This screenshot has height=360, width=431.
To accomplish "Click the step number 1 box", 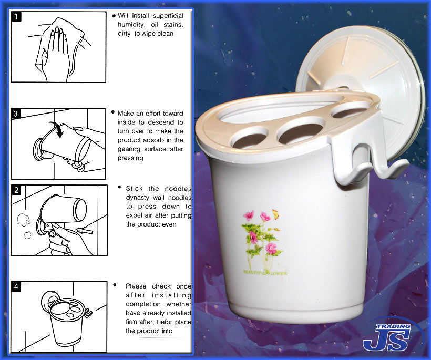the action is coord(16,16).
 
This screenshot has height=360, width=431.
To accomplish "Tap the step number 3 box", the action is coord(16,114).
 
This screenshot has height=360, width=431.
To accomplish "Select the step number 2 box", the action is coord(16,190).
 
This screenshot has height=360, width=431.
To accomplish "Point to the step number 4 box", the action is coord(16,286).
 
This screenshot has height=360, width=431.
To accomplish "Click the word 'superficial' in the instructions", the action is coord(168,16).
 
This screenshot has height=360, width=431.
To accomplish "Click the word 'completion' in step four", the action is coord(143,304).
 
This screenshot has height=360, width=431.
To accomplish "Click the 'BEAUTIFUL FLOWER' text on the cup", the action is coord(265,273).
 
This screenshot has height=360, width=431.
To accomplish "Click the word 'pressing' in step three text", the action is coord(130,158).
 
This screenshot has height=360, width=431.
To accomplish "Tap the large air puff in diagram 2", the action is coord(23,220).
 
